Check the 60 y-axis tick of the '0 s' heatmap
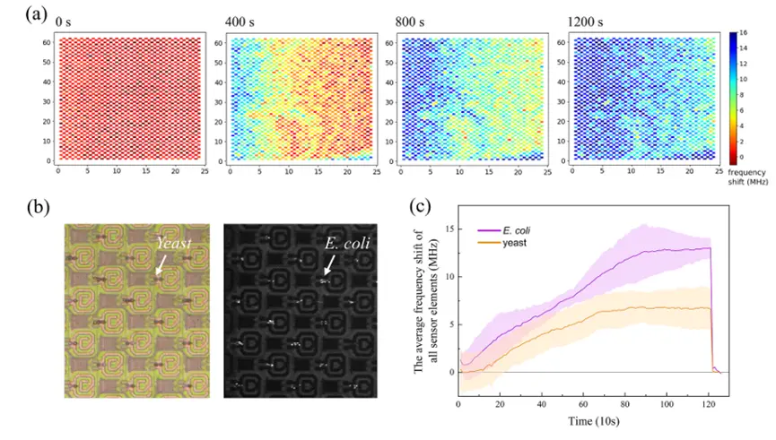(46, 43)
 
